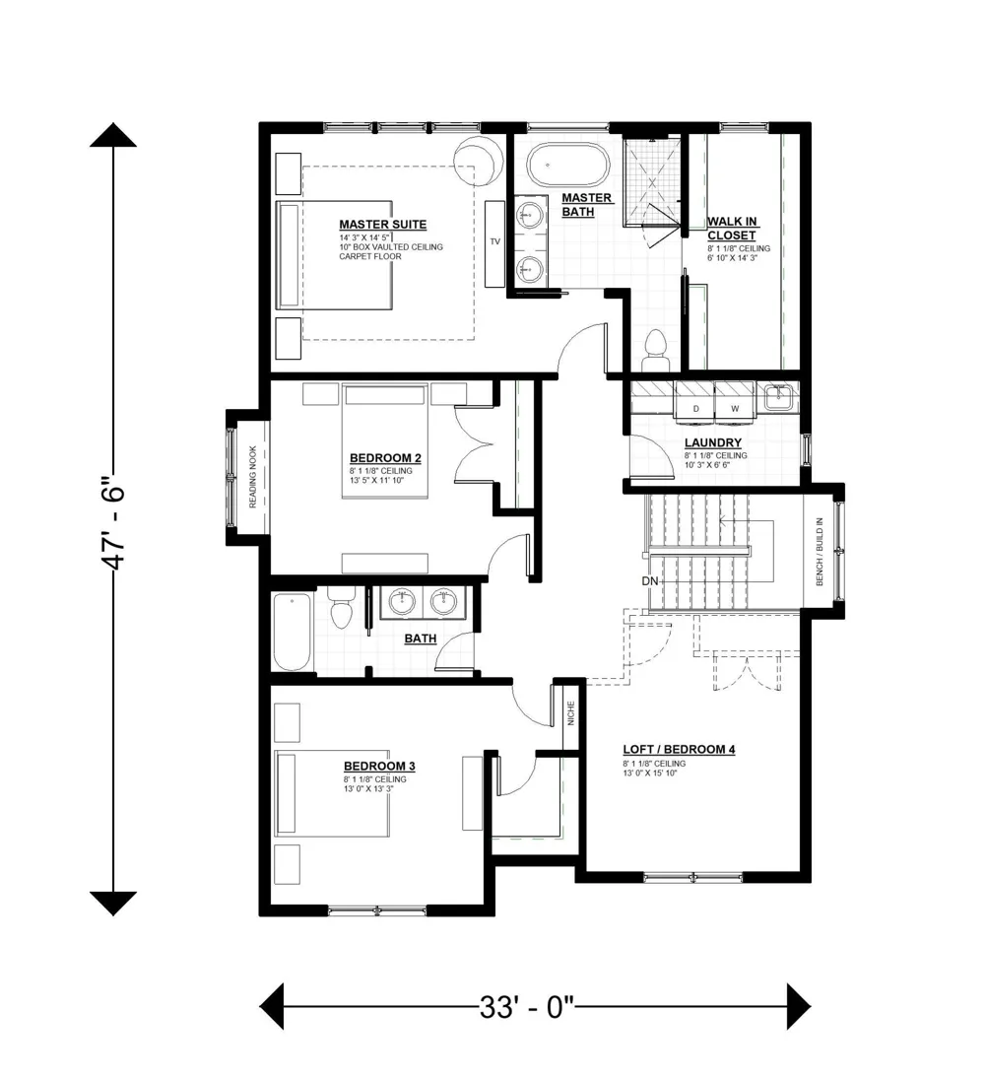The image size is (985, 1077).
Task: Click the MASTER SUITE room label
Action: pyautogui.click(x=382, y=225)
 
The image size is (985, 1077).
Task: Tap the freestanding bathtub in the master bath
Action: pyautogui.click(x=567, y=165)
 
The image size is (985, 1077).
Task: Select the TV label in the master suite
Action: pyautogui.click(x=494, y=241)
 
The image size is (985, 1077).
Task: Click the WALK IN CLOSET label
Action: pyautogui.click(x=733, y=228)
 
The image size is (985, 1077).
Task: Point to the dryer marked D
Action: pyautogui.click(x=695, y=401)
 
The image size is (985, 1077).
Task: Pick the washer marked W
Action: pyautogui.click(x=735, y=401)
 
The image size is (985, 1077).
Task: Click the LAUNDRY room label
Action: pyautogui.click(x=712, y=443)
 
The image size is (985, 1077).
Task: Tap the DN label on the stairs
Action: pyautogui.click(x=650, y=581)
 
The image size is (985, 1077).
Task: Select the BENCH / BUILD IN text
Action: pyautogui.click(x=819, y=552)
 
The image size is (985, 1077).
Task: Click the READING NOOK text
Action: pyautogui.click(x=252, y=477)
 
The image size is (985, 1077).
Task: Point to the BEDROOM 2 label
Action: pyautogui.click(x=385, y=458)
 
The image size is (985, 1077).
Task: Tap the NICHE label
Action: pyautogui.click(x=570, y=713)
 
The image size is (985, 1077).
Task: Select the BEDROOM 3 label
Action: pyautogui.click(x=379, y=766)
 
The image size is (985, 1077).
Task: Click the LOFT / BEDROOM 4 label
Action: pyautogui.click(x=679, y=749)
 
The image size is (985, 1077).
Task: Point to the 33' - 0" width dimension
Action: pyautogui.click(x=526, y=1007)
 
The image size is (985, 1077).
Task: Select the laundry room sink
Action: pyautogui.click(x=778, y=397)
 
